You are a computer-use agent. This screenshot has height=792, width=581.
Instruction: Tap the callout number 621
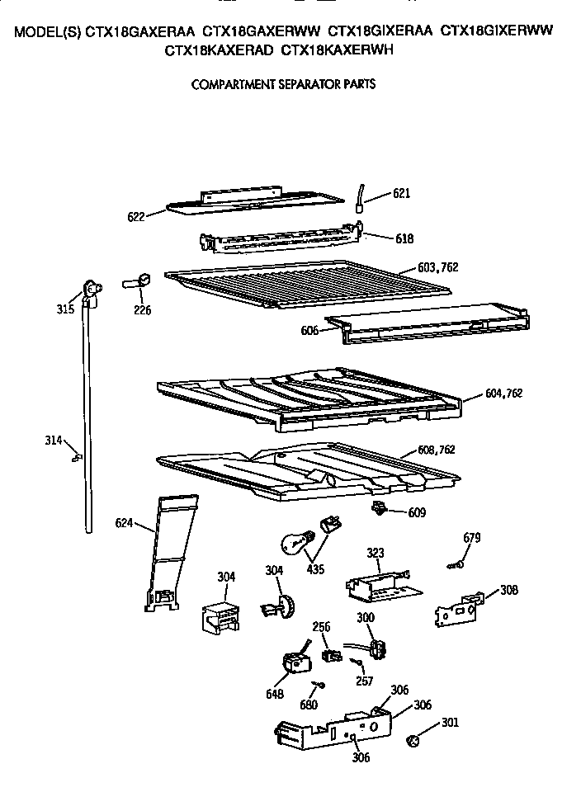[x=401, y=194]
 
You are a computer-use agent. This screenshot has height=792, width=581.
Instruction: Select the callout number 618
[x=404, y=238]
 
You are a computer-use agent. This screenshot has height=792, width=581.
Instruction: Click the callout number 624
[x=124, y=522]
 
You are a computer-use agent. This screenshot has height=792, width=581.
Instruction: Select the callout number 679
[x=471, y=538]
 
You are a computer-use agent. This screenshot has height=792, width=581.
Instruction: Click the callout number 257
[x=364, y=681]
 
